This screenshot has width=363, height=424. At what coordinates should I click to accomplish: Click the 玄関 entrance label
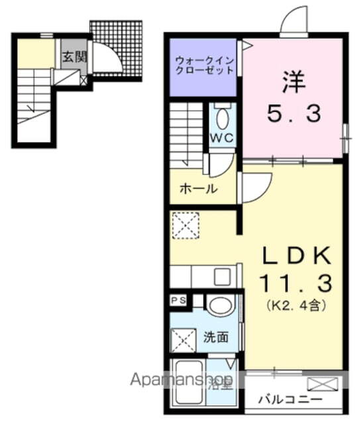pyautogui.click(x=74, y=57)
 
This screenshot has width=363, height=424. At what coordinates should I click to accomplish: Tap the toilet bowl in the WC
pyautogui.click(x=222, y=119)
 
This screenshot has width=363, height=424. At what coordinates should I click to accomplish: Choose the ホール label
pyautogui.click(x=198, y=188)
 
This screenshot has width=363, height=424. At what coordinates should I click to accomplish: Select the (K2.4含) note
pyautogui.click(x=294, y=306)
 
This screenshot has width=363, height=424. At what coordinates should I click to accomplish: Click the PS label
pyautogui.click(x=179, y=300)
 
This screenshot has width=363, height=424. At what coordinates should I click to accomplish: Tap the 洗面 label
pyautogui.click(x=216, y=337)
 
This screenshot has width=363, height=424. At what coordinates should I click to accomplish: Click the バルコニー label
pyautogui.click(x=289, y=400)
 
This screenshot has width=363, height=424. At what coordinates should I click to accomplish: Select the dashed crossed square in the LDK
pyautogui.click(x=184, y=224)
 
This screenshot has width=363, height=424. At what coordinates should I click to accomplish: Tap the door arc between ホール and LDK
pyautogui.click(x=256, y=187)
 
